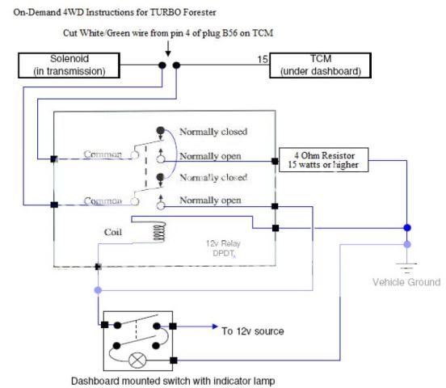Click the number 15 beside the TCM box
(263, 59)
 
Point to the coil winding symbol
(159, 232)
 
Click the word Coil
(113, 232)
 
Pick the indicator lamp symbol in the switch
(137, 361)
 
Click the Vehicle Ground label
(406, 282)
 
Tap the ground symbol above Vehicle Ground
(407, 268)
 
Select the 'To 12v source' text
(253, 331)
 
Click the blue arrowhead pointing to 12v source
(215, 327)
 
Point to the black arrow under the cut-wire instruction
(168, 48)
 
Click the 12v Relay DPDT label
(224, 248)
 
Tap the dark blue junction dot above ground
(407, 228)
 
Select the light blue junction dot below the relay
(98, 290)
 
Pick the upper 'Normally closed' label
(213, 132)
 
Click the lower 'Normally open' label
(210, 200)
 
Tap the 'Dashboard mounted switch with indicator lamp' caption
(173, 381)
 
